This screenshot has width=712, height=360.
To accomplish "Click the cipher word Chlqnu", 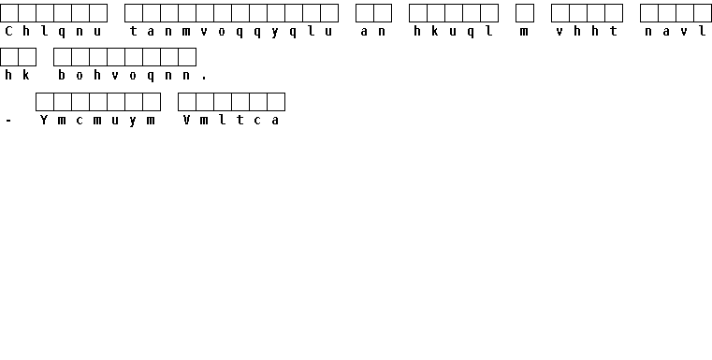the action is tap(53, 31).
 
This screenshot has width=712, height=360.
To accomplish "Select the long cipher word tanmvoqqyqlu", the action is tap(231, 31).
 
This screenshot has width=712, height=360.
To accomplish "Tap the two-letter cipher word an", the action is tap(373, 31).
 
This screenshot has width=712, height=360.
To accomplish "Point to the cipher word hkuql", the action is tap(453, 31).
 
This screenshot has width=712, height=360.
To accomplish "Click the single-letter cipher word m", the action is tap(525, 32).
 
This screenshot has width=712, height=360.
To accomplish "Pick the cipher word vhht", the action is tap(587, 31).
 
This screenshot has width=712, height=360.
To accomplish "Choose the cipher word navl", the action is tap(676, 31).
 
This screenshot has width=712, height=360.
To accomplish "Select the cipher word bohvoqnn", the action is tap(124, 76).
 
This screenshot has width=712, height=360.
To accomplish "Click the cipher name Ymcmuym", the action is tap(97, 121).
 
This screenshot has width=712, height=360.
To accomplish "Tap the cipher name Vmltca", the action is tap(231, 121).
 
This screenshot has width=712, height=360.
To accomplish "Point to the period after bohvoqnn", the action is tap(204, 79).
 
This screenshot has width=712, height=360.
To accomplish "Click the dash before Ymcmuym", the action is tap(8, 121).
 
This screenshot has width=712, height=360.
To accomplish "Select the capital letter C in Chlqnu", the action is tap(8, 31).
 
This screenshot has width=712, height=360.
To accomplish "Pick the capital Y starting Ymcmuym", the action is tap(44, 121).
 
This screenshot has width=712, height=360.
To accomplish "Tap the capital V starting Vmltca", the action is tap(186, 121).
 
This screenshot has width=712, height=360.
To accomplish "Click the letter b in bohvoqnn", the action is tap(62, 76).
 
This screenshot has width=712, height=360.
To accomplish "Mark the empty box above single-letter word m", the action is tap(525, 13).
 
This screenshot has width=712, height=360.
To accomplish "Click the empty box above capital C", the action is tap(9, 13).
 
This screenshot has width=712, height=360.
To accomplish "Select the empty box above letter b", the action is tap(63, 57).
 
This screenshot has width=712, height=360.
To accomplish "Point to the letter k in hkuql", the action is tap(435, 31).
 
